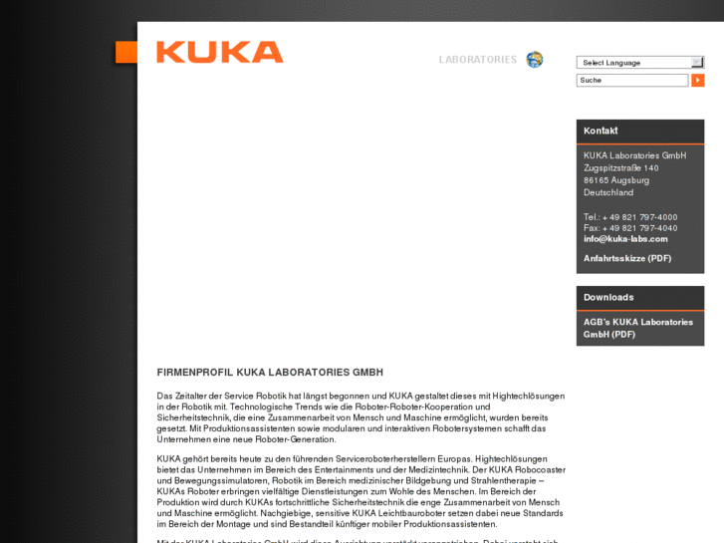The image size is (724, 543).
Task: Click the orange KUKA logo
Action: (x=220, y=52)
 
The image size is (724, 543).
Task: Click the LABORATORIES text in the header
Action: (x=477, y=60)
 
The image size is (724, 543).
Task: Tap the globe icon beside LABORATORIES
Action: (x=535, y=60)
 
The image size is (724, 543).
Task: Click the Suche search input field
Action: (x=632, y=80)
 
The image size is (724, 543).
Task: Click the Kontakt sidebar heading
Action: (x=601, y=131)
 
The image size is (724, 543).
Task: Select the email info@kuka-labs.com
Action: (x=625, y=239)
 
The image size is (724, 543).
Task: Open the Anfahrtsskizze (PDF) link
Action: (x=627, y=258)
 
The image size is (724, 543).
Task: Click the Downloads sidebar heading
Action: (x=608, y=297)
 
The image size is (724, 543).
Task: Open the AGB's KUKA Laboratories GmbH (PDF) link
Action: (x=637, y=328)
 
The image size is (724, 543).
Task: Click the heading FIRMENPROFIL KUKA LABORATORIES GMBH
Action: (x=270, y=372)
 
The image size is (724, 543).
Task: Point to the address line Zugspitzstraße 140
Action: (x=621, y=168)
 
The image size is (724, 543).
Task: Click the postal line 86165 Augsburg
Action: (x=616, y=180)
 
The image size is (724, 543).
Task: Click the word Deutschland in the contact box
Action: (x=608, y=192)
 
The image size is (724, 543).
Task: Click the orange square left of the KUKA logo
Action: (x=125, y=52)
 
